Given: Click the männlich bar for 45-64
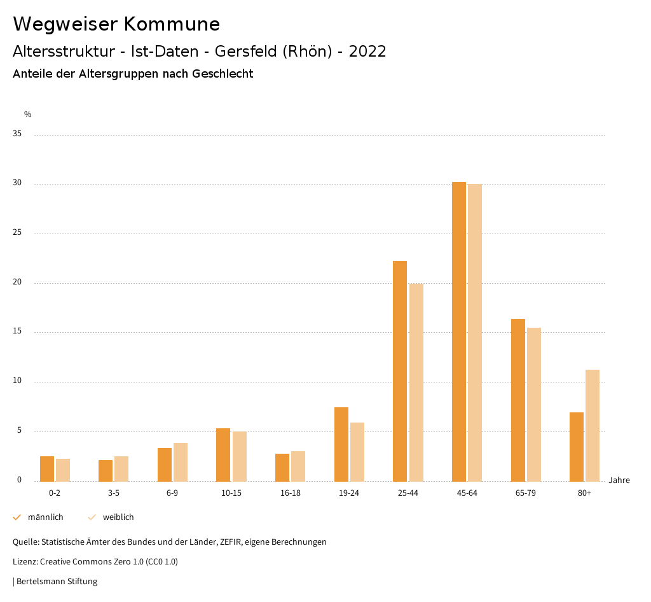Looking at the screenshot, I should [x=458, y=331].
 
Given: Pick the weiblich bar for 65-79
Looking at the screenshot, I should [x=534, y=404].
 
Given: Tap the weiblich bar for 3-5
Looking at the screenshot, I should [x=121, y=468].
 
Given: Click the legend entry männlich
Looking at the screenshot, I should [x=45, y=517].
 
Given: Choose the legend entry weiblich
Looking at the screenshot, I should [x=118, y=517].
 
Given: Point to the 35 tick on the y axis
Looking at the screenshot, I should [x=17, y=134].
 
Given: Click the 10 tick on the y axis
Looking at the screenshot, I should [x=17, y=381].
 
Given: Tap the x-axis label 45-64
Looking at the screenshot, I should [x=467, y=493].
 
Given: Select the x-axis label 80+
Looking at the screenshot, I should [x=584, y=493].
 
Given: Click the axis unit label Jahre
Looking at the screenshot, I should [x=619, y=480].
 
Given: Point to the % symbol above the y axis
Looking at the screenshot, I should [x=27, y=115].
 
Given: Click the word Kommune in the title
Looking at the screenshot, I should [x=172, y=24].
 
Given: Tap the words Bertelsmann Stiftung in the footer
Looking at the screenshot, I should [x=57, y=581].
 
